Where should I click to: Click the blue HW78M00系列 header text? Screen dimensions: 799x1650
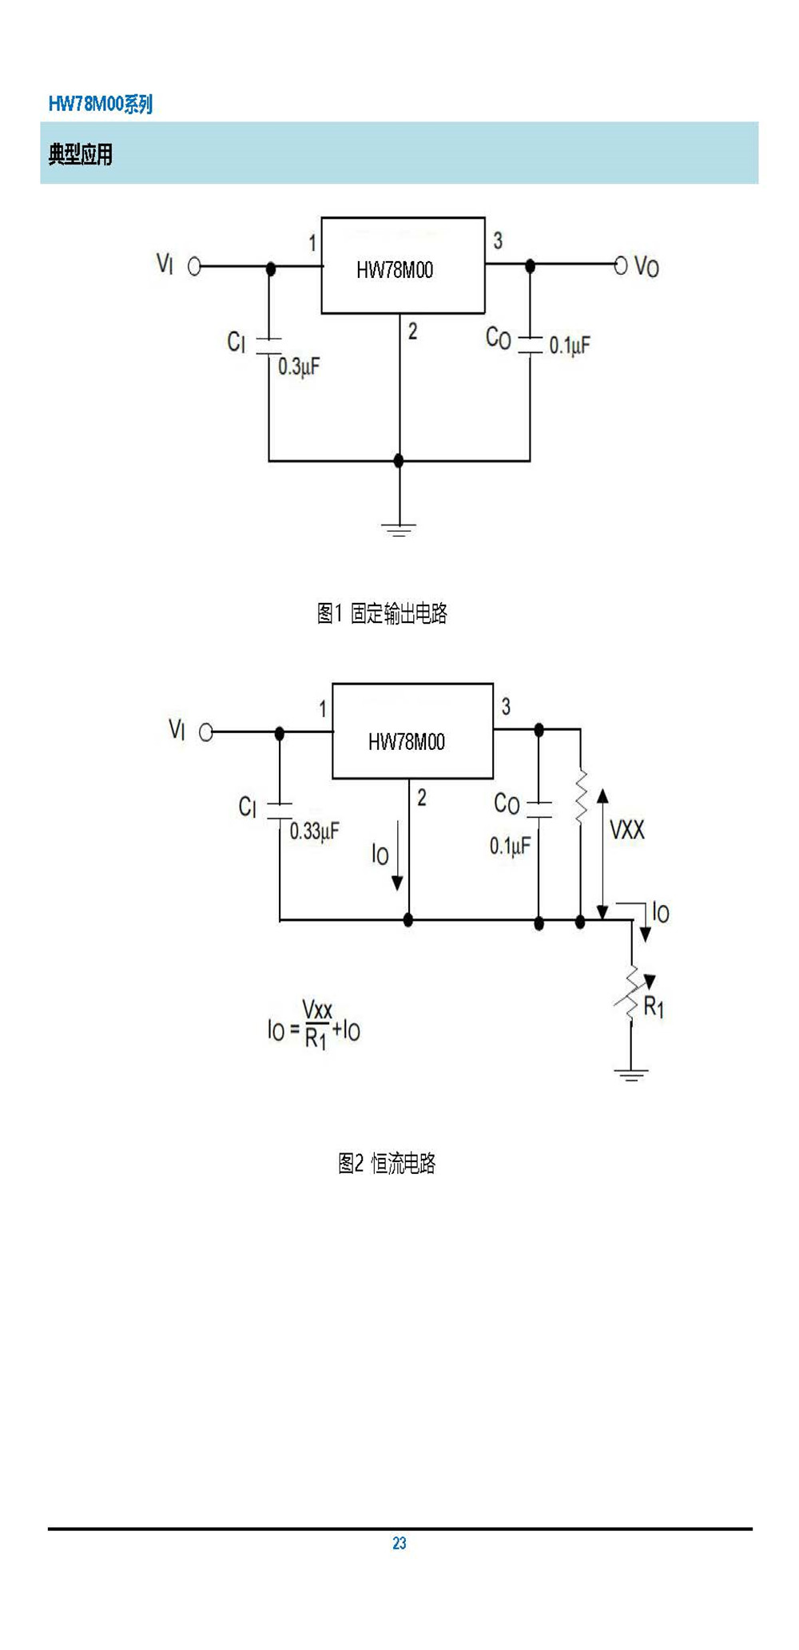(100, 104)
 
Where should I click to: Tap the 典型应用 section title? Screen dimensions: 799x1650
(80, 154)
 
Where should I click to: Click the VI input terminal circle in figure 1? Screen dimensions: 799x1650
(194, 267)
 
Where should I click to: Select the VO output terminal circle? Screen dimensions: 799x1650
(621, 265)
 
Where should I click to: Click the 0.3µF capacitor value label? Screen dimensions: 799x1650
(299, 367)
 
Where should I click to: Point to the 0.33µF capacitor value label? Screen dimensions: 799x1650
(314, 831)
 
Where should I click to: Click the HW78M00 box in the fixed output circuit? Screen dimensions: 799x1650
(403, 265)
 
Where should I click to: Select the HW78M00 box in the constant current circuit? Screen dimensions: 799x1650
(412, 731)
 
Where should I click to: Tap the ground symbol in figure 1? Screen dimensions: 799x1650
(399, 529)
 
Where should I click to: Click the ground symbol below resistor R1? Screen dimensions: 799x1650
(631, 1074)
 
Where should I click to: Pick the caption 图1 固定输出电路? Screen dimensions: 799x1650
(382, 613)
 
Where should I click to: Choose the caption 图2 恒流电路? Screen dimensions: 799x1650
(387, 1163)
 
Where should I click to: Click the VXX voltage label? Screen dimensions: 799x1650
(627, 831)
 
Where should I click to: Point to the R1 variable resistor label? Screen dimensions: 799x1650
(654, 1007)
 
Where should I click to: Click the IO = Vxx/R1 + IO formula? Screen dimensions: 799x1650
(314, 1025)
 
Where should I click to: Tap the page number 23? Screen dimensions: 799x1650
(399, 1543)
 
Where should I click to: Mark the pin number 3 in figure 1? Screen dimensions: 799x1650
(498, 240)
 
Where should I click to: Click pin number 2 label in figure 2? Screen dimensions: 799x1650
(422, 797)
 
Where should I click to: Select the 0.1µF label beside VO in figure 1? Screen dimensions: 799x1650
(570, 345)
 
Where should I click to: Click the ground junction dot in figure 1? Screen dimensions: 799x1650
(399, 461)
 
